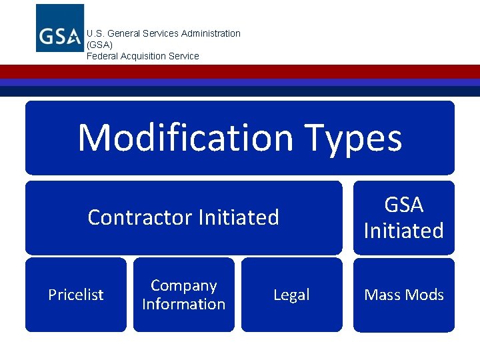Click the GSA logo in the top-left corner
point(60,28)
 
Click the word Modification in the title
point(185,138)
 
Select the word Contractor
point(135,217)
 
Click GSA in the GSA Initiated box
point(404,205)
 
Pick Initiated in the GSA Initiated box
point(404,231)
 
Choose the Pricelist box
point(76,295)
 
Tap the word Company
point(184,285)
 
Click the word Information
point(184,304)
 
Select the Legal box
point(291,295)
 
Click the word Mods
point(424,295)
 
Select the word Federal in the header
point(102,56)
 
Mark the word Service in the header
point(185,56)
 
